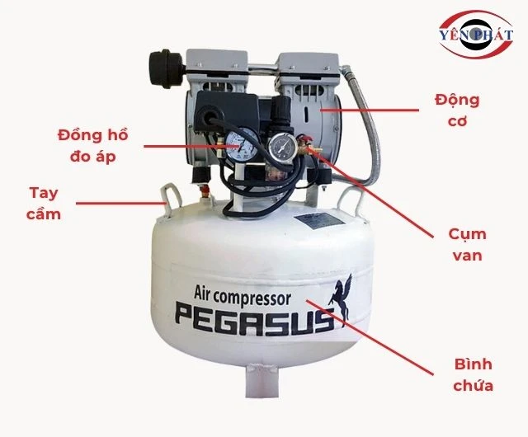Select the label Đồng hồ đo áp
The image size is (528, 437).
93,144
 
